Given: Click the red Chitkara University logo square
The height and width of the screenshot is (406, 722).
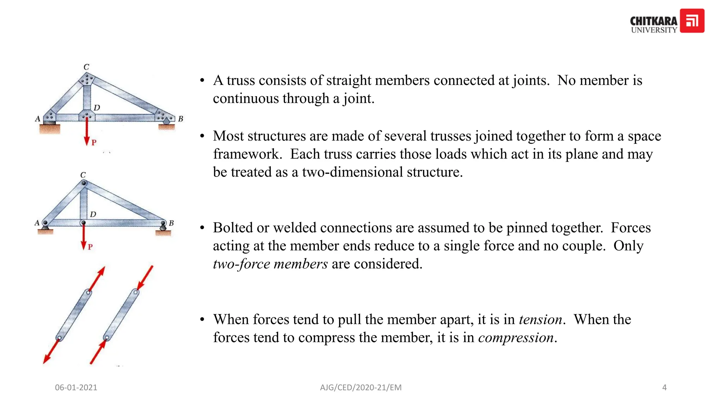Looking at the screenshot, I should tap(692, 21).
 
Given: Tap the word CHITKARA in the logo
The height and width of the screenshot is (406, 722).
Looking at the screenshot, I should tap(654, 21).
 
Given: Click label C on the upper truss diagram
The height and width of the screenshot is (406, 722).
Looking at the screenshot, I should tap(86, 67).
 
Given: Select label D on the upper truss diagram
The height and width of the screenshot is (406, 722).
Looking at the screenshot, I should tap(97, 107).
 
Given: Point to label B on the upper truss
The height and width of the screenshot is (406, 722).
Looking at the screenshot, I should tap(180, 119).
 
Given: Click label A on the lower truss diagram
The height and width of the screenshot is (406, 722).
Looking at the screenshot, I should tap(37, 223).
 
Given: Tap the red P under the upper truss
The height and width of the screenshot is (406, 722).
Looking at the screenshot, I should tap(94, 142).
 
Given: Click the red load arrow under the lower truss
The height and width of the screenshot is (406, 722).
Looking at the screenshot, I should tap(84, 236).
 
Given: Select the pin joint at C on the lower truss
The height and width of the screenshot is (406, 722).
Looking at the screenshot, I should tap(84, 183).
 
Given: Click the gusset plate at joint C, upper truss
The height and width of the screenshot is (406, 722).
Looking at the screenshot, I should tap(87, 79).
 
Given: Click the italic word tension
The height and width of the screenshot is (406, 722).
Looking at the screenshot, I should tap(540, 319).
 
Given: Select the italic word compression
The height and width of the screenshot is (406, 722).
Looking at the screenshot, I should tap(516, 338).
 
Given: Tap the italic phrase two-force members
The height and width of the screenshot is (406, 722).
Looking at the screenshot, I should tap(270, 264).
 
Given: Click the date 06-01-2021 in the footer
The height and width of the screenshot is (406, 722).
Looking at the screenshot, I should tap(76, 387).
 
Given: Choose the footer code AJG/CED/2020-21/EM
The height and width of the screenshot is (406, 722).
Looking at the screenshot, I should tap(361, 387).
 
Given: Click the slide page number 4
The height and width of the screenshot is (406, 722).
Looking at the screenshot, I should tap(664, 387).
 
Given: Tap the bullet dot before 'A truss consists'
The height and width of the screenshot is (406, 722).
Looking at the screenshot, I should tap(202, 81).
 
